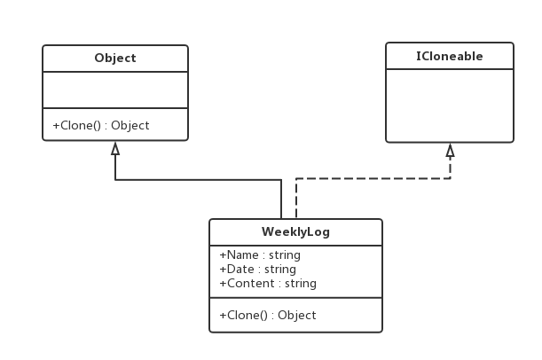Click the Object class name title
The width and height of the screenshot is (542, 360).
pos(115,58)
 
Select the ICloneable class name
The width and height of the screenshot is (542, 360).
pos(450,56)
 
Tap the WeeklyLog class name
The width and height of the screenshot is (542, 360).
pos(295,231)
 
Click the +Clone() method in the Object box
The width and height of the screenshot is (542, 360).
pos(101,125)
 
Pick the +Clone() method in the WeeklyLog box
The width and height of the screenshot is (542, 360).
pos(268,315)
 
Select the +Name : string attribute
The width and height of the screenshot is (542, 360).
pos(260,255)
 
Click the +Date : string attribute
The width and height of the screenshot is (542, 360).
pos(257,270)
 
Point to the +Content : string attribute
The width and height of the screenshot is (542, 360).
pos(268,284)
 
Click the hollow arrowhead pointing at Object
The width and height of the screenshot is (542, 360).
pos(115,149)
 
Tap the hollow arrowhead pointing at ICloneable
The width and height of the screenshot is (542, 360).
pos(450,151)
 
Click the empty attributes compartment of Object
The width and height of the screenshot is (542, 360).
pos(115,90)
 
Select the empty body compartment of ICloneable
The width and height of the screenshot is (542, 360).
pos(450,106)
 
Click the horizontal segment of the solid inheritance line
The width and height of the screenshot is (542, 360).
pos(199,180)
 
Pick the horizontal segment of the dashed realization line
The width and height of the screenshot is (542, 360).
pos(373,178)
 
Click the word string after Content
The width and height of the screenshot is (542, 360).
pos(301,284)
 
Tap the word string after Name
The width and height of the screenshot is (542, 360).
pos(285,255)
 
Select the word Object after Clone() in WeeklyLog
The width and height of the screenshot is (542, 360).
pos(297,315)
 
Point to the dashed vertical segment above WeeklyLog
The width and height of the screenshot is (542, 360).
pos(296,199)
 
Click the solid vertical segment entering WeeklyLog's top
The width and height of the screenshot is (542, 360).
pos(281,199)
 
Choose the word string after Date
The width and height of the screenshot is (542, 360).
pos(280,270)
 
